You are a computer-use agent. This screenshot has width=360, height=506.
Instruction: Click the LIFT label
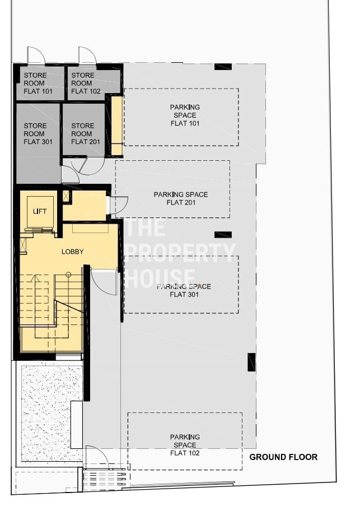(x=40, y=211)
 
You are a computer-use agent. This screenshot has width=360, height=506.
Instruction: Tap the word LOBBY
(x=73, y=252)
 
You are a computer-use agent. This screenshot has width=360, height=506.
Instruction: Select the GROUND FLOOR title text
(x=284, y=457)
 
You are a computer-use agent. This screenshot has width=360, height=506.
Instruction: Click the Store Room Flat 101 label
(x=38, y=83)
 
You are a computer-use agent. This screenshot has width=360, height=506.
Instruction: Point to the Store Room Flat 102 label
(x=86, y=83)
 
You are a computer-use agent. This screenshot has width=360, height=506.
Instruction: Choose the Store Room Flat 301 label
(x=38, y=133)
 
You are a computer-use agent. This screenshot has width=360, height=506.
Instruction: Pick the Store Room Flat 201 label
(x=86, y=133)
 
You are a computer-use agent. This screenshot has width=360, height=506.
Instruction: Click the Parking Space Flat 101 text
(x=185, y=115)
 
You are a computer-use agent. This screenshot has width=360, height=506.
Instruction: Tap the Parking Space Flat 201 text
(x=181, y=198)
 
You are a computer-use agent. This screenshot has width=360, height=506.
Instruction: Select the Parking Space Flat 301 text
(x=184, y=290)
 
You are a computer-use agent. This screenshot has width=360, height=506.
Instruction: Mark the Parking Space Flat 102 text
(x=185, y=445)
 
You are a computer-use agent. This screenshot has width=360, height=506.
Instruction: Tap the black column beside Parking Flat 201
(x=223, y=235)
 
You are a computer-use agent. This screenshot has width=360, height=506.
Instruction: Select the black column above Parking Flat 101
(x=223, y=67)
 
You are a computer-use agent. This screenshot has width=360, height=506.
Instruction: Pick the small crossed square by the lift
(x=67, y=196)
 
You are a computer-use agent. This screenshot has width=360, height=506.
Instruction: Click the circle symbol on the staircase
(x=68, y=275)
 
